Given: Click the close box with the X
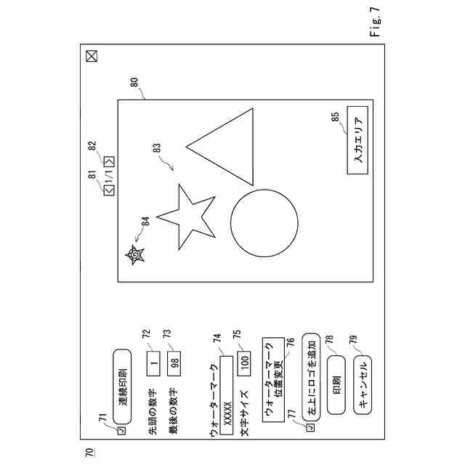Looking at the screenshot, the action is [92, 56].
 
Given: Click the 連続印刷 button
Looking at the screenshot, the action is [122, 387].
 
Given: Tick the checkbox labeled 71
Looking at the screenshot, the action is [122, 430].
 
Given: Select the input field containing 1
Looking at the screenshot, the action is [153, 363].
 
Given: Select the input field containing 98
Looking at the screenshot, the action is [174, 363].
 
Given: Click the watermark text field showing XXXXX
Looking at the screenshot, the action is [227, 395].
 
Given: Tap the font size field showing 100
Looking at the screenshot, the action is [244, 363].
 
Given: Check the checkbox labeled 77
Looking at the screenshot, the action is [311, 427].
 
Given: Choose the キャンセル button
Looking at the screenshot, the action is [363, 384].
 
